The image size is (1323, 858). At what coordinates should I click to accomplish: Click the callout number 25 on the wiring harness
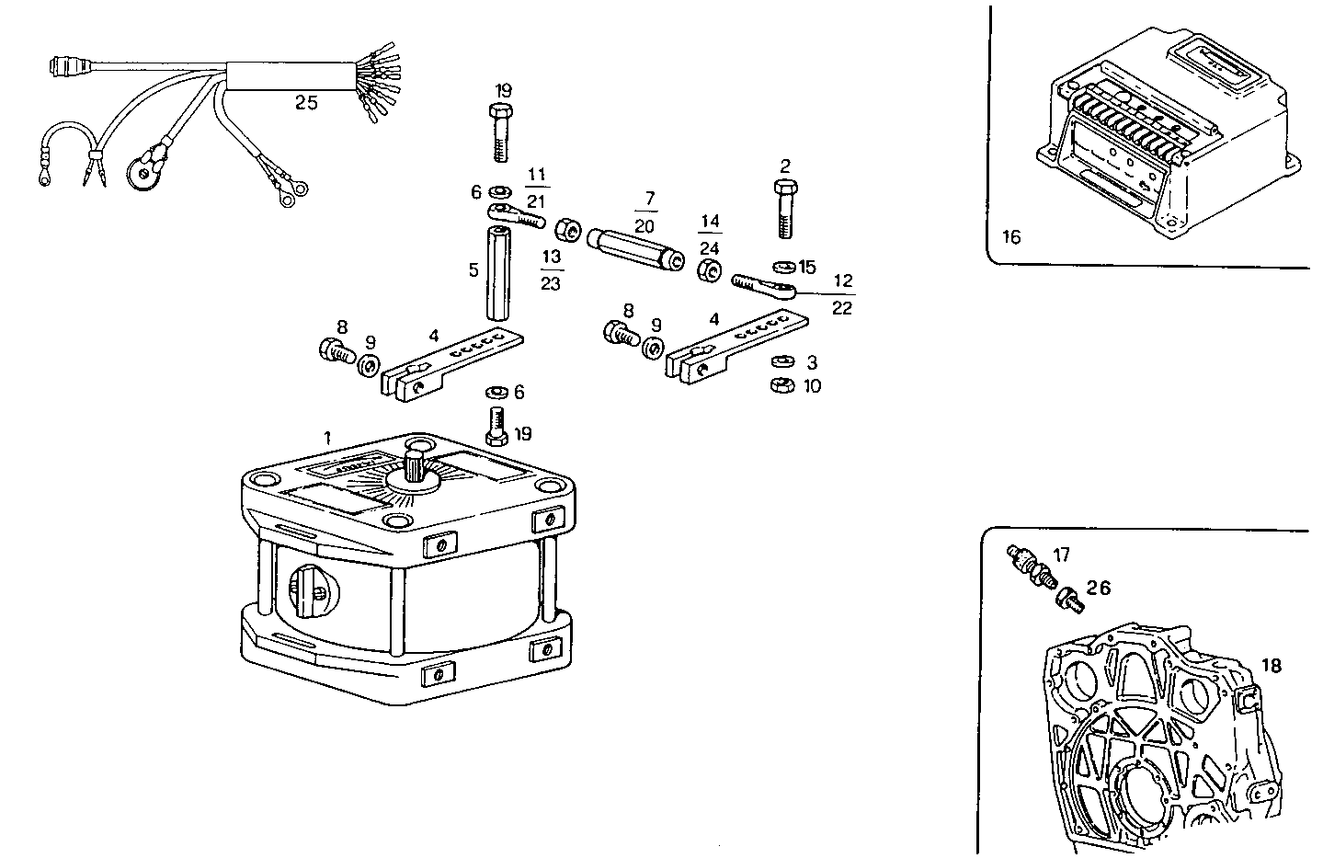click(x=306, y=103)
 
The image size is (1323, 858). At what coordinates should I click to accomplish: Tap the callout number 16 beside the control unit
click(x=1010, y=237)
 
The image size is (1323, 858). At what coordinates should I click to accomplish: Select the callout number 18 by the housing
click(x=1271, y=665)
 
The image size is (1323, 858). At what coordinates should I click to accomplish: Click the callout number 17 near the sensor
click(x=1062, y=555)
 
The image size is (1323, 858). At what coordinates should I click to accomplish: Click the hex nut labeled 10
click(x=781, y=384)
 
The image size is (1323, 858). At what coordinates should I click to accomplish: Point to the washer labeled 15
click(x=784, y=267)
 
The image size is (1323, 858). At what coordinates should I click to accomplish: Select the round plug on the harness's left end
click(x=65, y=68)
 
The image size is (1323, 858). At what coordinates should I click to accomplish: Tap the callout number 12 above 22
click(x=842, y=281)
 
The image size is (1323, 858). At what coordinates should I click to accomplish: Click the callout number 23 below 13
click(x=550, y=284)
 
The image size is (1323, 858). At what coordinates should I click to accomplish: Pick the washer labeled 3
click(x=781, y=361)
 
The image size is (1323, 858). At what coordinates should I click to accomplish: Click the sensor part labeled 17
click(x=1027, y=563)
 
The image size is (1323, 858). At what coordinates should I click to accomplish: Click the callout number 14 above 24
click(x=709, y=222)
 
